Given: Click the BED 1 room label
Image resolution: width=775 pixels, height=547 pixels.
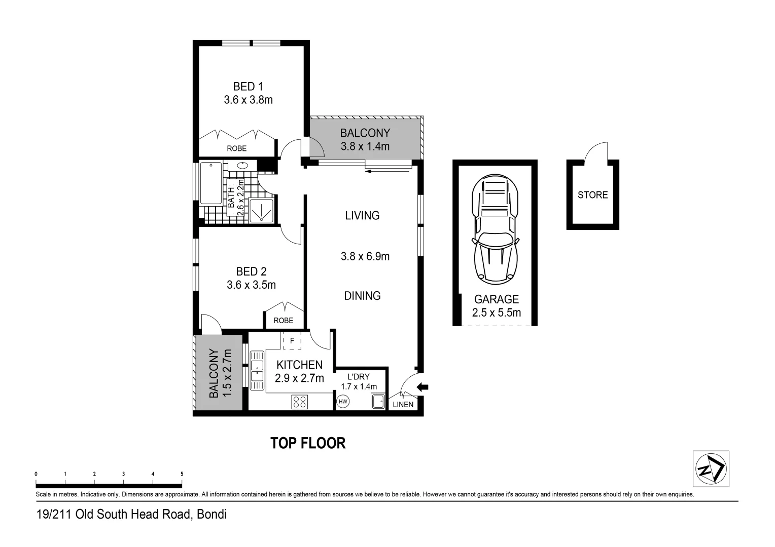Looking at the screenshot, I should click(x=248, y=87).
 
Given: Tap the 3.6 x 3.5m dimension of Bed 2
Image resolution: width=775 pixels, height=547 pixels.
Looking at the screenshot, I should click(x=251, y=285).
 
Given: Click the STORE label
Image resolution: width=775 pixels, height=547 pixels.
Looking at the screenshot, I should click(x=592, y=195).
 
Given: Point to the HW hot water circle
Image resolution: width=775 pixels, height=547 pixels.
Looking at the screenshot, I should click(x=343, y=402).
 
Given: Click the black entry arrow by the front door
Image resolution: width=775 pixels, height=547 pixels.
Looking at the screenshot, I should click(x=422, y=387).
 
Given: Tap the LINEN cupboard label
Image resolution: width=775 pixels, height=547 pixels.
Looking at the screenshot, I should click(x=403, y=405).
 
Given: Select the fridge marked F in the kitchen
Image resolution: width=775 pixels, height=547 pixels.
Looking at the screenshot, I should click(x=292, y=341).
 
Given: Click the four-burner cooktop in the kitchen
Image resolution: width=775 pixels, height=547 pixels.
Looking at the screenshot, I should click(x=300, y=402).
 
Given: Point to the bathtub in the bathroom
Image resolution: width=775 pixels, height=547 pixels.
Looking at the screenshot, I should click(x=210, y=183).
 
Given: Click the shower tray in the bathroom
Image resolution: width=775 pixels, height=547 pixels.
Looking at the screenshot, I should click(x=261, y=211).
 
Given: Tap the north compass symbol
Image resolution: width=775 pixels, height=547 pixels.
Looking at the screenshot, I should click(x=711, y=469).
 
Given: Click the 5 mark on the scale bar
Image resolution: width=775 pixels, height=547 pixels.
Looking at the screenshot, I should click(x=182, y=474).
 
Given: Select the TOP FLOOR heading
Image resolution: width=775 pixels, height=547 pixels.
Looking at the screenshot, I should click(x=308, y=443).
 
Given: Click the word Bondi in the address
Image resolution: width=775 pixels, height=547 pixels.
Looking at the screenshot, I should click(x=212, y=515).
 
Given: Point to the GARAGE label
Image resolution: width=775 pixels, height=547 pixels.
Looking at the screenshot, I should click(x=496, y=299).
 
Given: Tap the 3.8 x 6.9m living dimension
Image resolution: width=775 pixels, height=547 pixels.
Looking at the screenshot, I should click(x=365, y=257).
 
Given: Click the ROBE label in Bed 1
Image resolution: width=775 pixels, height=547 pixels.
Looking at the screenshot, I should click(x=236, y=148).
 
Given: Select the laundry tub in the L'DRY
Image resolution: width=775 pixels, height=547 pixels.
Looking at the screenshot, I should click(x=377, y=402).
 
